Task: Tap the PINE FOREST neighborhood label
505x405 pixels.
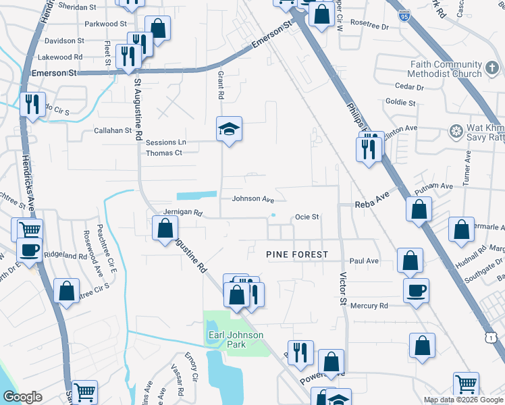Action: pyautogui.click(x=297, y=254)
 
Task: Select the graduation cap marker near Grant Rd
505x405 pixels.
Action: pyautogui.click(x=229, y=128)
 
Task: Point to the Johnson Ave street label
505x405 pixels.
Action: pyautogui.click(x=253, y=199)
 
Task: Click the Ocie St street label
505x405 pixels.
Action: pyautogui.click(x=307, y=217)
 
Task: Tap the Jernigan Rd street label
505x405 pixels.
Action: pyautogui.click(x=182, y=213)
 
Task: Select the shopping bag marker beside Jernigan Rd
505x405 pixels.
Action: pyautogui.click(x=165, y=230)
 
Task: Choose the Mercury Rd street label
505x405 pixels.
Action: pyautogui.click(x=369, y=306)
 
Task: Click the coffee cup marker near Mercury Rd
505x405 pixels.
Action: pyautogui.click(x=415, y=290)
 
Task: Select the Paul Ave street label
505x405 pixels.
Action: pyautogui.click(x=364, y=261)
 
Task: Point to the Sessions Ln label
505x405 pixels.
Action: pyautogui.click(x=165, y=142)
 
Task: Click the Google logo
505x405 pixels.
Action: pyautogui.click(x=22, y=397)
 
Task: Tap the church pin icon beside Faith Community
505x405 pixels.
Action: pyautogui.click(x=492, y=68)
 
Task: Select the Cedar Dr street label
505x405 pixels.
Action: pyautogui.click(x=409, y=87)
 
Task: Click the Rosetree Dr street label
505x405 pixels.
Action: pyautogui.click(x=371, y=27)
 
